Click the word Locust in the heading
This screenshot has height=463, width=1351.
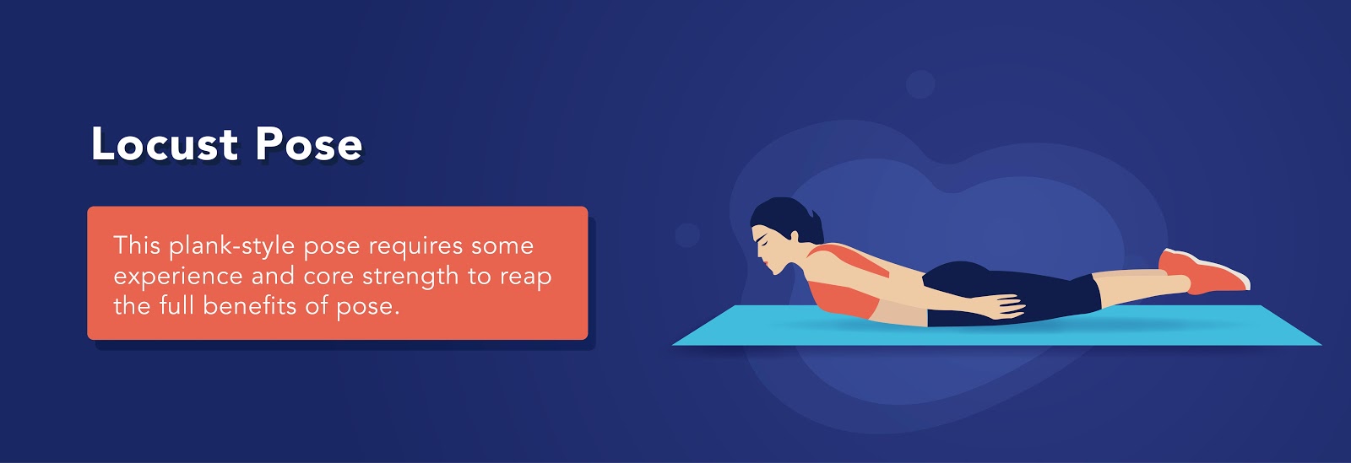coord(164,144)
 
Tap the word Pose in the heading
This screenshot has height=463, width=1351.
coord(308,144)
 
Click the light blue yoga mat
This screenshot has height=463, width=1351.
coord(996,326)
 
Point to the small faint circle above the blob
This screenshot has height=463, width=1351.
coord(920,84)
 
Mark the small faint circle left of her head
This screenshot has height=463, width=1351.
coord(687,234)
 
